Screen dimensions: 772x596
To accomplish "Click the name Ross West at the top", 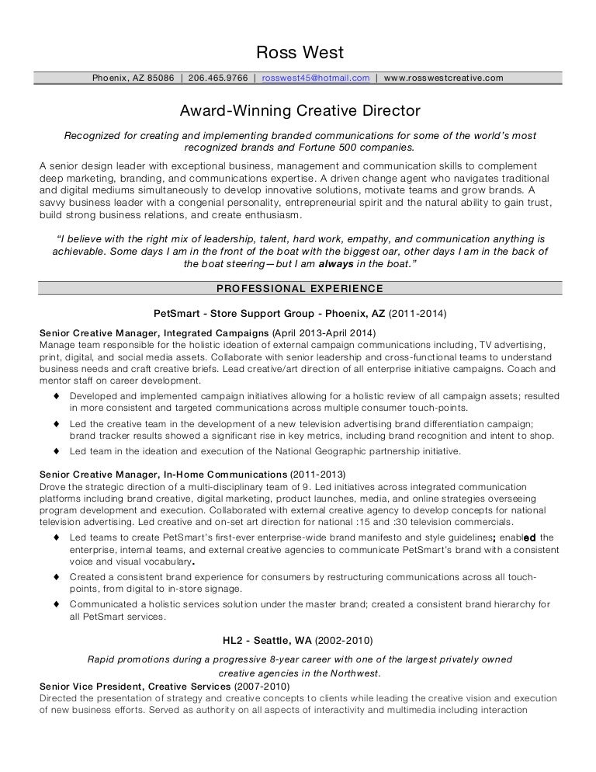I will (299, 53).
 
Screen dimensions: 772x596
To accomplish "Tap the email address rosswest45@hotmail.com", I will (316, 78).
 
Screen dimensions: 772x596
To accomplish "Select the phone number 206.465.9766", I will (218, 78).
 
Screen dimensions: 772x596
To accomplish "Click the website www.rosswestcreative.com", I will (443, 78).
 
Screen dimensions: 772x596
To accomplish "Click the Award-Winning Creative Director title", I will (299, 111).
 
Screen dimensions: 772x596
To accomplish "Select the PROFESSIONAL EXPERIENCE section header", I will (299, 289).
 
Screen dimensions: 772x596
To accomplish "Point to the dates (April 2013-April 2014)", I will (323, 332).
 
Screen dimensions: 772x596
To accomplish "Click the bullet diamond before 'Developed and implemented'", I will (58, 397).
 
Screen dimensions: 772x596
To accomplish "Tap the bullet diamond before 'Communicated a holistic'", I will (58, 603).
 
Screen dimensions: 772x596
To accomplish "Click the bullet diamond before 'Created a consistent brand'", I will (58, 577).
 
